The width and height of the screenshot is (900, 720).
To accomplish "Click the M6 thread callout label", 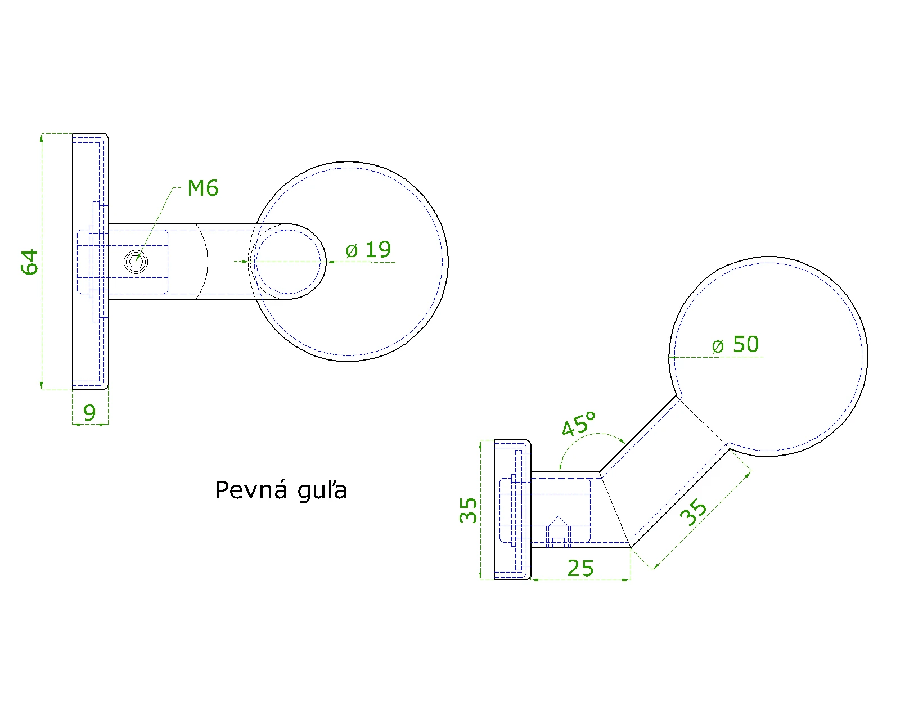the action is (x=203, y=188).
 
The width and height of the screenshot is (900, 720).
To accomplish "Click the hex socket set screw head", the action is (x=136, y=262).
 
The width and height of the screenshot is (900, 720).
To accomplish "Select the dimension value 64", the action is (x=30, y=262).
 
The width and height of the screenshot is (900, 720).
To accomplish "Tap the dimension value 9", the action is (x=89, y=413).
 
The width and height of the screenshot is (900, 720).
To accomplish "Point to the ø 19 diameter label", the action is (x=368, y=250).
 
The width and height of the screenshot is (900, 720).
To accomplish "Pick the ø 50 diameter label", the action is (x=735, y=345).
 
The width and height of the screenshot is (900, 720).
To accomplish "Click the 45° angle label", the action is (x=579, y=424).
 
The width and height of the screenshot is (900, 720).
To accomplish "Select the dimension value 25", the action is (x=580, y=569).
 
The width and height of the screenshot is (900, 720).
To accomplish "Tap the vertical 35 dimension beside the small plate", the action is (x=468, y=510).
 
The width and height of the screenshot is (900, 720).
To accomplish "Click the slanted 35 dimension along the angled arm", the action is (x=693, y=512).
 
